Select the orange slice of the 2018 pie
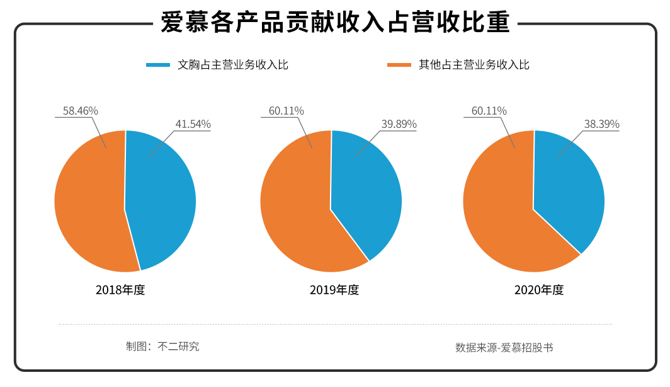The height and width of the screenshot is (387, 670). [x=88, y=202]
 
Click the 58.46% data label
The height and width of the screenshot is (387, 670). [x=80, y=111]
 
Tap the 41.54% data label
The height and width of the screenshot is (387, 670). [x=193, y=124]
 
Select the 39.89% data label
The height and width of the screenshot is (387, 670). [x=399, y=124]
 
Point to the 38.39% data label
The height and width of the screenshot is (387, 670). [x=601, y=124]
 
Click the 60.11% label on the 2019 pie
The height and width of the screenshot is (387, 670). [x=287, y=111]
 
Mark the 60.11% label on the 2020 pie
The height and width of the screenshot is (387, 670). [x=489, y=111]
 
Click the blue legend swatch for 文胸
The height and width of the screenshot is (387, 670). [x=158, y=64]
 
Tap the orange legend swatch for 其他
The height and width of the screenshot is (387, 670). [x=399, y=64]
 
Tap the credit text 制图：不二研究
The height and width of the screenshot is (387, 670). [x=162, y=346]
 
